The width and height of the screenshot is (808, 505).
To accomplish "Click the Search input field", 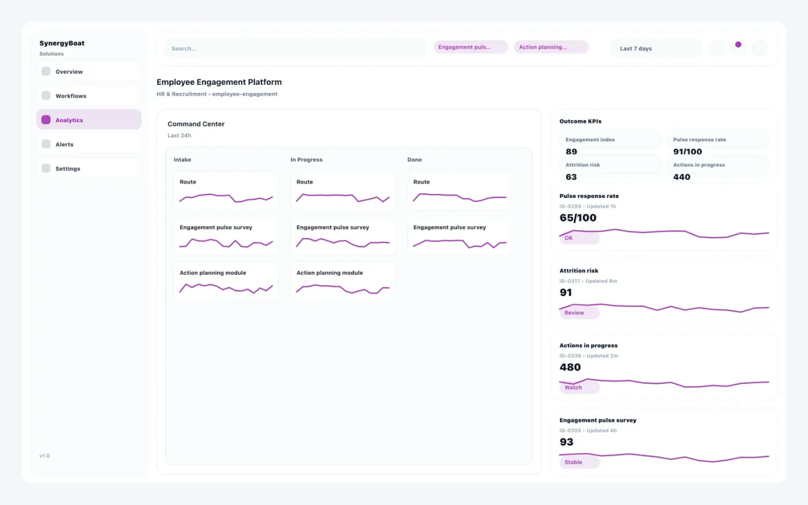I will point(294,48).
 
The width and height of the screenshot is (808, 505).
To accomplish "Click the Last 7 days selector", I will point(656,48).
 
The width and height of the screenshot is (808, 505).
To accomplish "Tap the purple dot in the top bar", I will point(738,44).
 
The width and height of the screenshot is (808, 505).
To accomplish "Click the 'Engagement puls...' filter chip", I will point(470,47).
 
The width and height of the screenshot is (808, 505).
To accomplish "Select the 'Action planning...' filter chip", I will point(551,47).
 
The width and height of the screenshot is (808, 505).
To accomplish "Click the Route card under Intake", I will point(226,190).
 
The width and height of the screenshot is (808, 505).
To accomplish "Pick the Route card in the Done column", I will point(459,190).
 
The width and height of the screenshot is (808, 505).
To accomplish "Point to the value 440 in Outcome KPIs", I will point(682,177).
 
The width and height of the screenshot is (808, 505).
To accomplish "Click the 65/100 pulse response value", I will point(578,218).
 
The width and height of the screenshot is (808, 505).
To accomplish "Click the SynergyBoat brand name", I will point(62,43).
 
